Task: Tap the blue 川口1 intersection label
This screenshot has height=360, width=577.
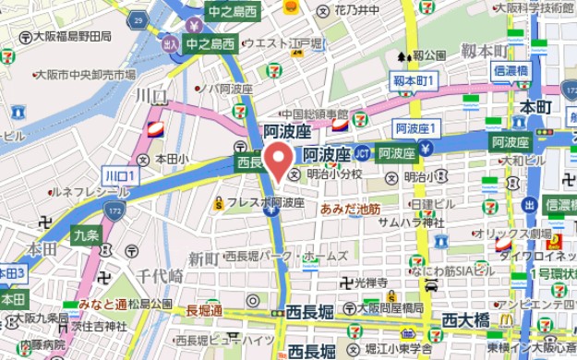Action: point(119,175)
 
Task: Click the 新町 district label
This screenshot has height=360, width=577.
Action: point(203,258)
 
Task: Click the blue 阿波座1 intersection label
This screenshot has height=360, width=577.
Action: point(416,127)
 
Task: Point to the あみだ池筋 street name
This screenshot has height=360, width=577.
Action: point(350,209)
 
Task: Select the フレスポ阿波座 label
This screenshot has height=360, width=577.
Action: point(266,202)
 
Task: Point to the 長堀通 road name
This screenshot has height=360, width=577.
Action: point(204,311)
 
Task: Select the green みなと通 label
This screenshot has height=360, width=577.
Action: point(102,304)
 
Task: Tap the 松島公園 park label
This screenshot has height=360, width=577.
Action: point(150,304)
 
